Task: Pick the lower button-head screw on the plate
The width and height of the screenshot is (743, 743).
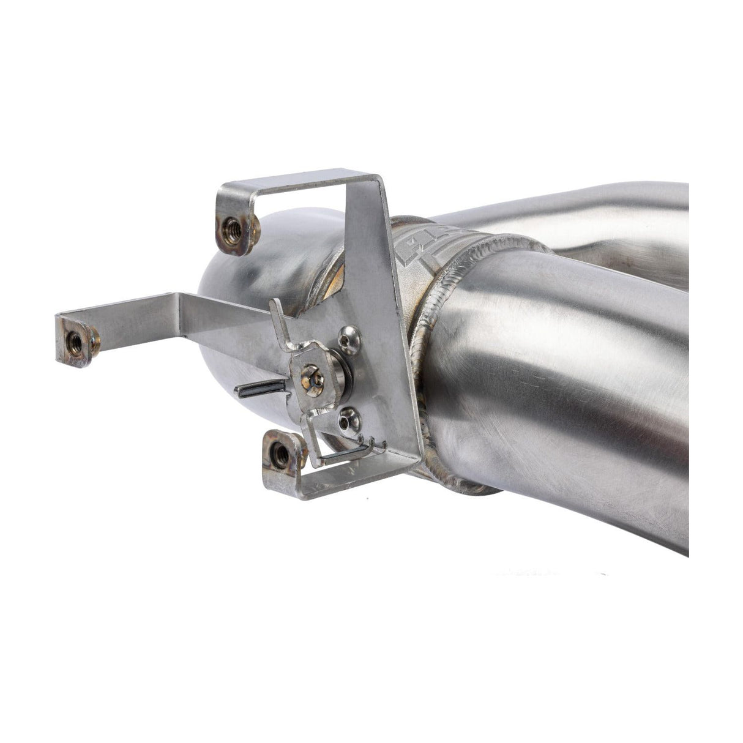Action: [x=349, y=420]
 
